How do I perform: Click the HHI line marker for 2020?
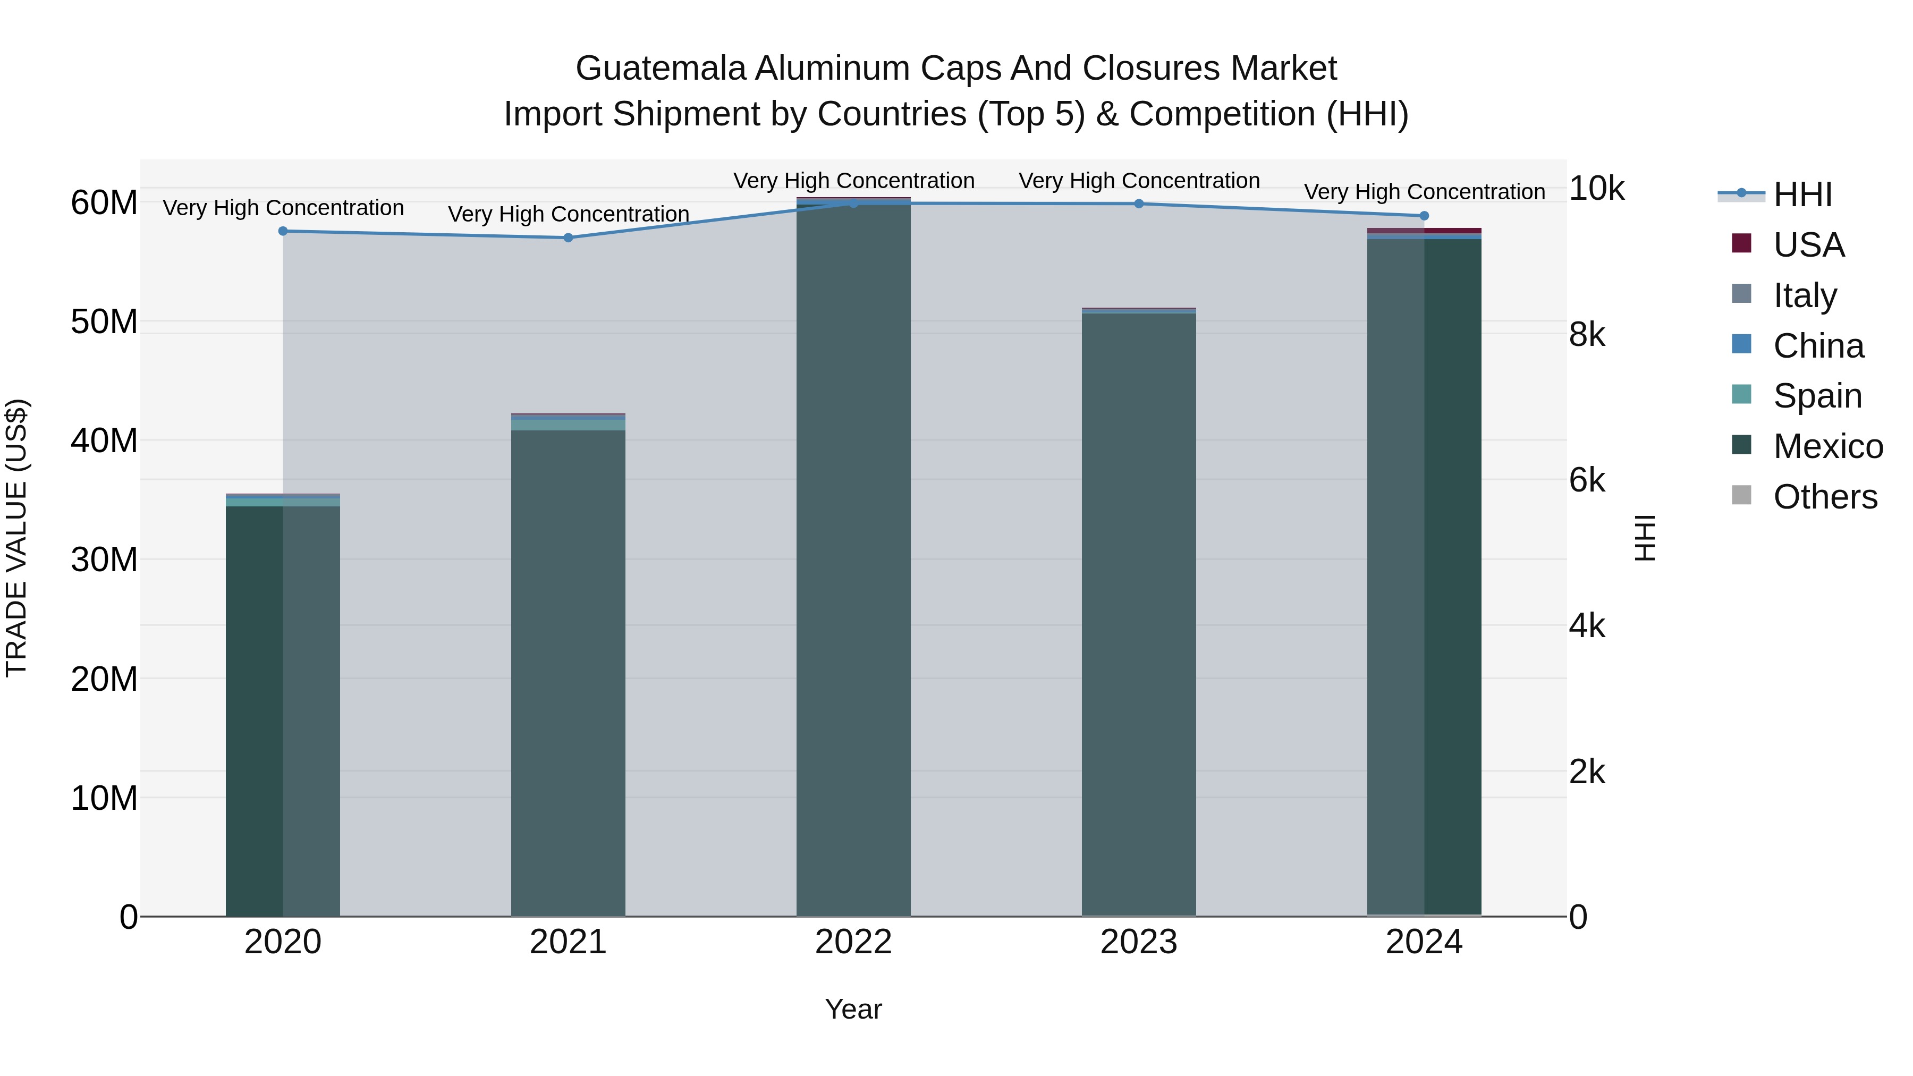pos(283,231)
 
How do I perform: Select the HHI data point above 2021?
pos(568,238)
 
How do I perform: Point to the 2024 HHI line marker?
pos(1424,216)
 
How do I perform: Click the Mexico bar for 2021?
pos(568,668)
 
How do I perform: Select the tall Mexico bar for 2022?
pos(853,557)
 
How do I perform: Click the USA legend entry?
pos(1808,245)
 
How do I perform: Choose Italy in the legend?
pos(1805,295)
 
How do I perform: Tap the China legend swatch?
pos(1741,344)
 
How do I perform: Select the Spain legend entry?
pos(1817,396)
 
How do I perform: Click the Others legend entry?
pos(1825,497)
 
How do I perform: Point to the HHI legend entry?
pos(1802,194)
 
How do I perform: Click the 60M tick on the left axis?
pos(104,203)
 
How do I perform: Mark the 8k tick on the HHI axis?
pos(1587,335)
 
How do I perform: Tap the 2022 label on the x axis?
pos(853,942)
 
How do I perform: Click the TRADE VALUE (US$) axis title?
pos(16,538)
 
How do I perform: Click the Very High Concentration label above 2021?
pos(568,214)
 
